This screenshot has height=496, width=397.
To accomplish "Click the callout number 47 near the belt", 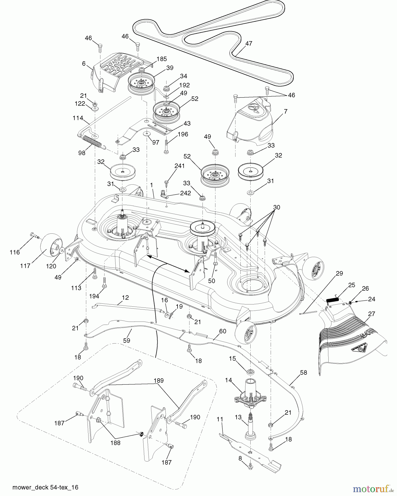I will tap(249, 44).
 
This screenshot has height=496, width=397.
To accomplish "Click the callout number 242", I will tap(185, 193).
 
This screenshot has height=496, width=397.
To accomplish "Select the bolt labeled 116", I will tap(34, 236).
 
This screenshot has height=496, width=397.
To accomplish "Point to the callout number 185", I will tap(162, 59).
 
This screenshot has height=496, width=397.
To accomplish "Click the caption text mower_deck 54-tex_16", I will tap(45, 487).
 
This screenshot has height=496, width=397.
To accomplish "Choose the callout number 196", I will tap(183, 134).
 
